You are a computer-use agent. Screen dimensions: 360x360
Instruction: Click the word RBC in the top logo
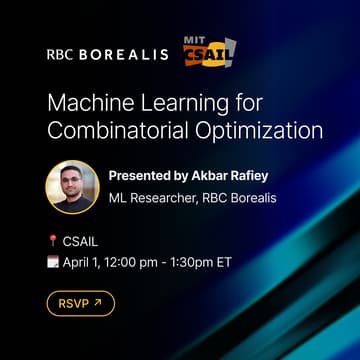pyautogui.click(x=61, y=54)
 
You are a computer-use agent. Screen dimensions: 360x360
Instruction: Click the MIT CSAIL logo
pyautogui.click(x=207, y=49)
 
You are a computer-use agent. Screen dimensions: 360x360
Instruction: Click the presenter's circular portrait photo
pyautogui.click(x=72, y=187)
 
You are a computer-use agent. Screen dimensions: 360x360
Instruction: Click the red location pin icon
pyautogui.click(x=52, y=240)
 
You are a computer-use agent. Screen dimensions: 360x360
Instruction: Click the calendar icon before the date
pyautogui.click(x=52, y=261)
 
